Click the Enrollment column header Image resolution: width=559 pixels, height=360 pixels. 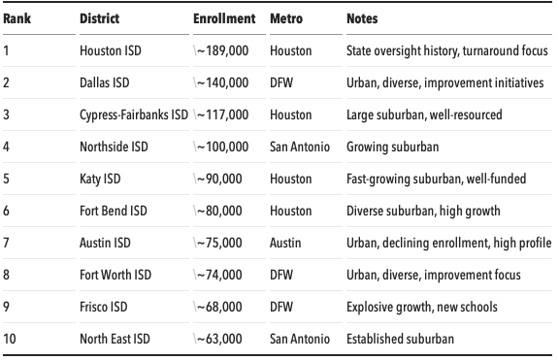224,18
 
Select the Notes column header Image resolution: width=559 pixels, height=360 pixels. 362,18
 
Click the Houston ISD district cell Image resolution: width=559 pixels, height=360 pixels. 111,50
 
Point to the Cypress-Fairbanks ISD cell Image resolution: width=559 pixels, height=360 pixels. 133,115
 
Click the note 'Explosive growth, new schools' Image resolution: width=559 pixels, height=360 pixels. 421,307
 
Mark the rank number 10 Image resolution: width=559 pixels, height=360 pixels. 10,339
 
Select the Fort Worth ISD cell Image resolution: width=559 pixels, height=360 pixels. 115,275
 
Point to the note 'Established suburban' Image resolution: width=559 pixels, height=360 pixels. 400,339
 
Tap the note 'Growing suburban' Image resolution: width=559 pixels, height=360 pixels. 392,147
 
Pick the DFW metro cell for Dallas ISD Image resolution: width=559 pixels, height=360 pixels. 282,82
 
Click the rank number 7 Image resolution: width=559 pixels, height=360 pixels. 7,243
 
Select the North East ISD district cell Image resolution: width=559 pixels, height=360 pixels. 114,339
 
